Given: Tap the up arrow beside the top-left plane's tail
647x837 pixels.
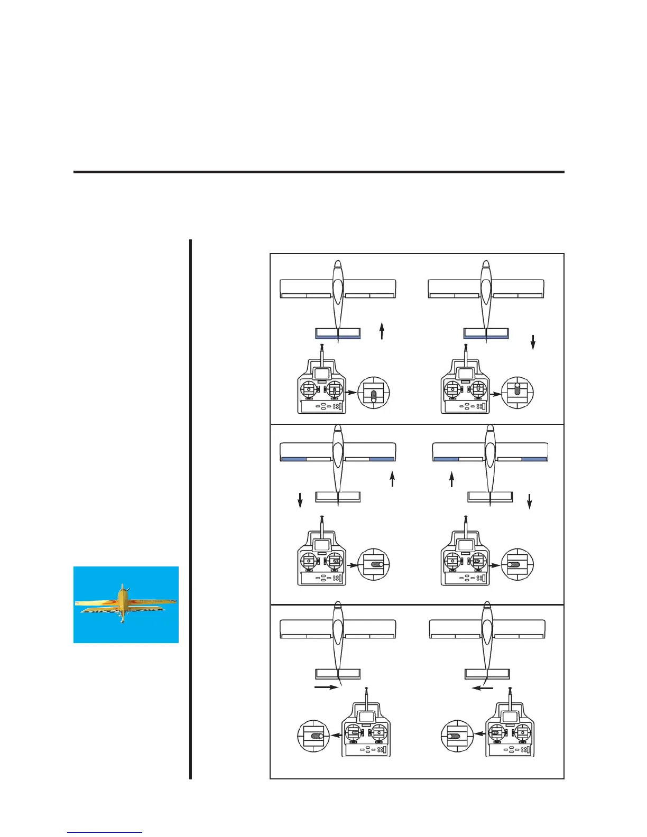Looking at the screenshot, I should [x=382, y=332].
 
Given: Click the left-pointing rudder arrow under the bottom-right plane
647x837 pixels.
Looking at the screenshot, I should [x=483, y=688].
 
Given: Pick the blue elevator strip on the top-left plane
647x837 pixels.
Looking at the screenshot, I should [x=338, y=336].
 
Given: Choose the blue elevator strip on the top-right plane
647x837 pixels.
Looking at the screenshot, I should [x=486, y=336].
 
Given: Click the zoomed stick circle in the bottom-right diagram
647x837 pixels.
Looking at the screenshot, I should [x=457, y=735].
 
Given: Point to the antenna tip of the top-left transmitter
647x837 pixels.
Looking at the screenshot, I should [x=322, y=346].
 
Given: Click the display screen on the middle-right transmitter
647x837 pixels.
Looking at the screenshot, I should [x=465, y=545].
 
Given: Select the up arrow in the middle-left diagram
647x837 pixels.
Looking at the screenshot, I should [x=392, y=479].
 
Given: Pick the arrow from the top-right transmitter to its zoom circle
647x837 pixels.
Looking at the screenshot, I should [x=495, y=394].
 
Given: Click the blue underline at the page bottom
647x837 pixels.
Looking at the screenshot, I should [x=105, y=833].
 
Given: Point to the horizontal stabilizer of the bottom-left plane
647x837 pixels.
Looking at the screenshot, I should [x=338, y=674].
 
